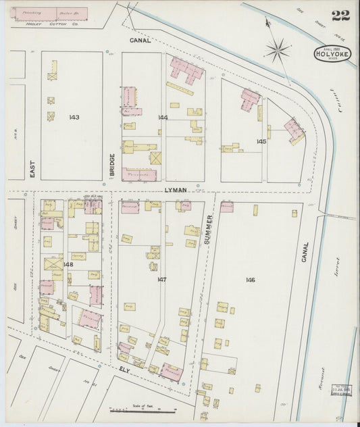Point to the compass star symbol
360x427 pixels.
pos(278,49)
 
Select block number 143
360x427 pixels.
pos(74,117)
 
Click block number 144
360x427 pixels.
pos(163,117)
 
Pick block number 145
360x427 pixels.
pos(261,141)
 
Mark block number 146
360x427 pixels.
pos(251,279)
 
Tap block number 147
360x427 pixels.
pos(161,279)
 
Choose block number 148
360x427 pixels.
pos(68,264)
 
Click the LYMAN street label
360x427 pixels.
pos(175,191)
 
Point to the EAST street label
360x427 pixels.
pos(32,164)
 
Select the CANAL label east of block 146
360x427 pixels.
pos(305,253)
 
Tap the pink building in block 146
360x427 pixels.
pos(226,207)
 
